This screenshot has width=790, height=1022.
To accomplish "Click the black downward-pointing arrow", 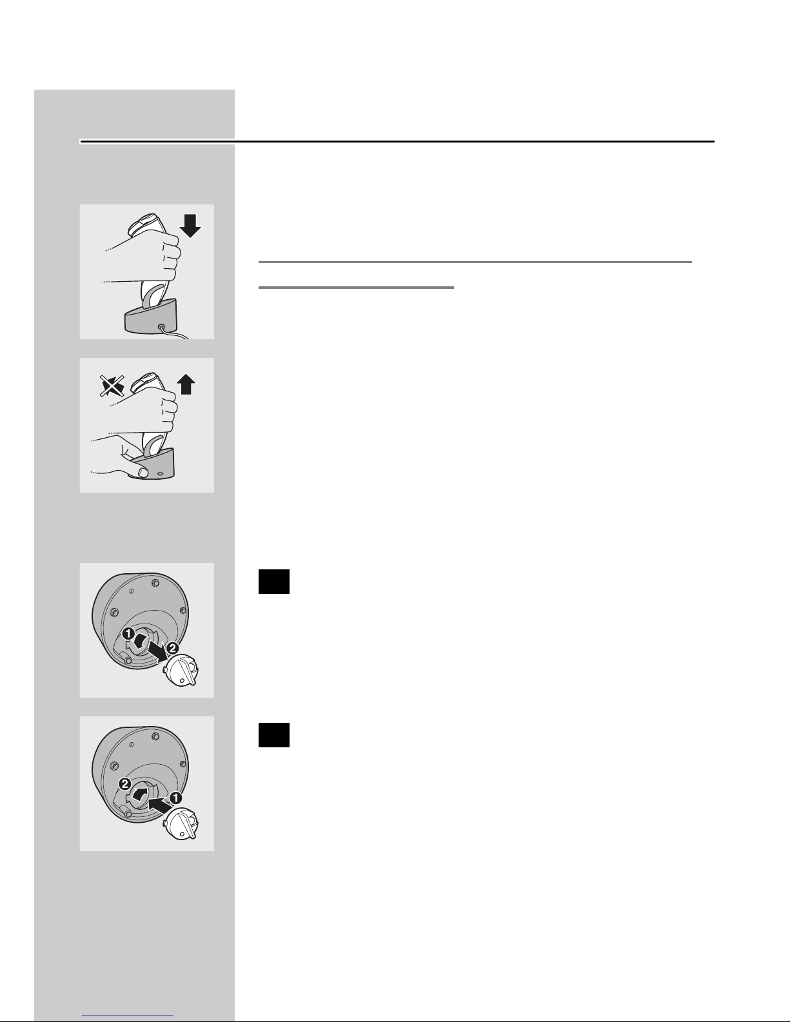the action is pyautogui.click(x=190, y=226).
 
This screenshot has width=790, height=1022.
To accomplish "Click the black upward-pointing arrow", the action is pyautogui.click(x=186, y=384).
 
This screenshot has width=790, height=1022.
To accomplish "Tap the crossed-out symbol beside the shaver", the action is pyautogui.click(x=112, y=386).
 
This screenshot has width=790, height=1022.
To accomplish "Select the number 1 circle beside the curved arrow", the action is pyautogui.click(x=128, y=634).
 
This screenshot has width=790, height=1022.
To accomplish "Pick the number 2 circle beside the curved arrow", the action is pyautogui.click(x=125, y=784).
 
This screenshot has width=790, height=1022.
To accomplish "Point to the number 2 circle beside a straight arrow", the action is pyautogui.click(x=173, y=648).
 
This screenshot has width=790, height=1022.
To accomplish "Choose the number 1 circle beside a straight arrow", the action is pyautogui.click(x=175, y=798).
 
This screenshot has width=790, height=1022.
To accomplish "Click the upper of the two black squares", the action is pyautogui.click(x=274, y=582).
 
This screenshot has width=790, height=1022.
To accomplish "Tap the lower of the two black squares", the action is pyautogui.click(x=274, y=735).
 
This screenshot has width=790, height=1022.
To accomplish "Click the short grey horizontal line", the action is pyautogui.click(x=356, y=287).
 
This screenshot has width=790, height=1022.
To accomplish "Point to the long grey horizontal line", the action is pyautogui.click(x=475, y=262).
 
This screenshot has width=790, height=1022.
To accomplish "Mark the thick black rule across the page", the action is pyautogui.click(x=397, y=141).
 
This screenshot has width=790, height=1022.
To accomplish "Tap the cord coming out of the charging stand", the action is pyautogui.click(x=175, y=333).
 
